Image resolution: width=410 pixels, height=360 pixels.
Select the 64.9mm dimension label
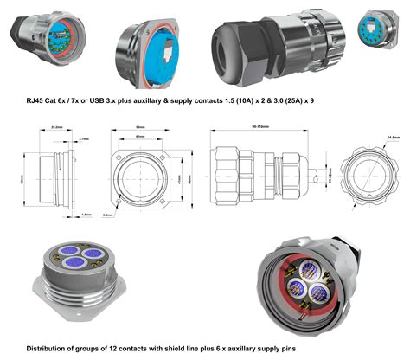(393, 138)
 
